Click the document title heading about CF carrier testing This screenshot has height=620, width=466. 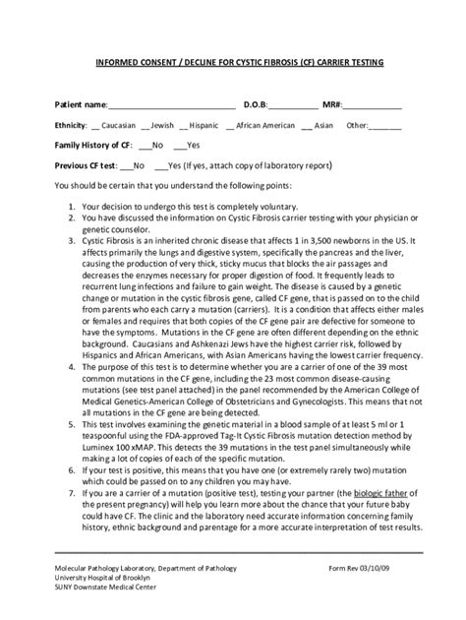(x=232, y=61)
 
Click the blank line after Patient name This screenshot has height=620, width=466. (x=171, y=105)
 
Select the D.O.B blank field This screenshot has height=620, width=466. (x=292, y=105)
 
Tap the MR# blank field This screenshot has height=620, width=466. (x=372, y=105)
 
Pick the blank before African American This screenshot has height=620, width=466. (x=230, y=126)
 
